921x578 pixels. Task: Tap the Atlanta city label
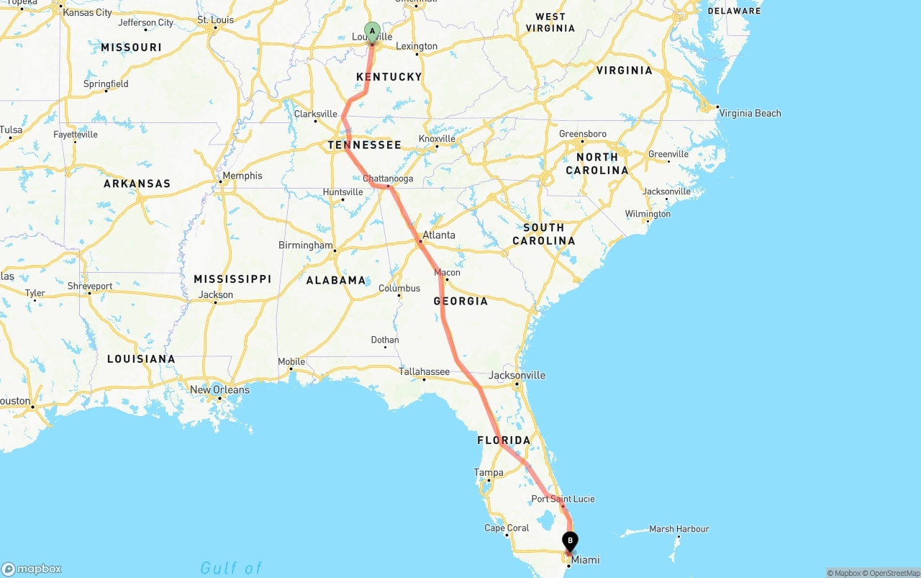click(439, 235)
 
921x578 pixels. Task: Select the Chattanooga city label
click(388, 179)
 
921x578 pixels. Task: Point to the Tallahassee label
click(425, 371)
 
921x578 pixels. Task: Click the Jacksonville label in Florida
click(517, 375)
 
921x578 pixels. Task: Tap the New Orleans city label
click(219, 389)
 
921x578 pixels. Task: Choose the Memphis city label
click(242, 176)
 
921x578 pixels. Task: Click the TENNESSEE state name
click(365, 145)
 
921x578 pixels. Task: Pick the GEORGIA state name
click(460, 301)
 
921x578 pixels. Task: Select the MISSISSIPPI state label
click(232, 279)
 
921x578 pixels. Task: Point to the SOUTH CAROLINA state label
click(544, 234)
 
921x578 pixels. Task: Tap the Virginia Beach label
click(750, 113)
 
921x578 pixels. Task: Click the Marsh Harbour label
click(679, 529)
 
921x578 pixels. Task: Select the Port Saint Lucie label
click(563, 499)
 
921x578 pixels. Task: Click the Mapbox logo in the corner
click(32, 569)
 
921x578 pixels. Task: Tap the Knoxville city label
click(437, 138)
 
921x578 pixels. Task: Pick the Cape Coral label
click(507, 528)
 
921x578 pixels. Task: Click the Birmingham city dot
click(335, 245)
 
